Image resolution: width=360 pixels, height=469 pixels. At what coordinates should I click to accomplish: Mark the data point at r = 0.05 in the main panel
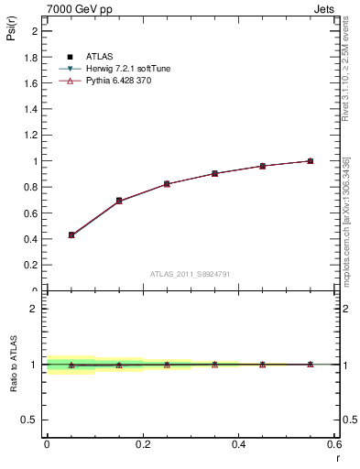pos(71,235)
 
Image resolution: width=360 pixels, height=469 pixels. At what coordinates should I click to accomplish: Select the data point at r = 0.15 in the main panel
pos(119,201)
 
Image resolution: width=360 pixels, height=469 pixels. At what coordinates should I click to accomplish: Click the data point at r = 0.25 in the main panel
pos(167,184)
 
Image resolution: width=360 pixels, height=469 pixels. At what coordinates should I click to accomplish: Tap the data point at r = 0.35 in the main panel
pos(214,173)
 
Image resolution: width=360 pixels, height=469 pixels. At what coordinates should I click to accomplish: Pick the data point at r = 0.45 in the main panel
pos(262,166)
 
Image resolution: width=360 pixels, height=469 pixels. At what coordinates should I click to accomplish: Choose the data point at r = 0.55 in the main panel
pos(310,161)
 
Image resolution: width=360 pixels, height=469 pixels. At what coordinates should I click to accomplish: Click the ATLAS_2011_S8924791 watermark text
pos(189,274)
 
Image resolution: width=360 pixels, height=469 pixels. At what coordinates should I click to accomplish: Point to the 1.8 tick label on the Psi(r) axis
pos(30,57)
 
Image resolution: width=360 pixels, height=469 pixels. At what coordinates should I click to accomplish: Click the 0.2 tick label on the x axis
pos(143,444)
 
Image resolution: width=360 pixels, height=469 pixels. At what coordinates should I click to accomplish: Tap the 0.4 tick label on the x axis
pos(238,444)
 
